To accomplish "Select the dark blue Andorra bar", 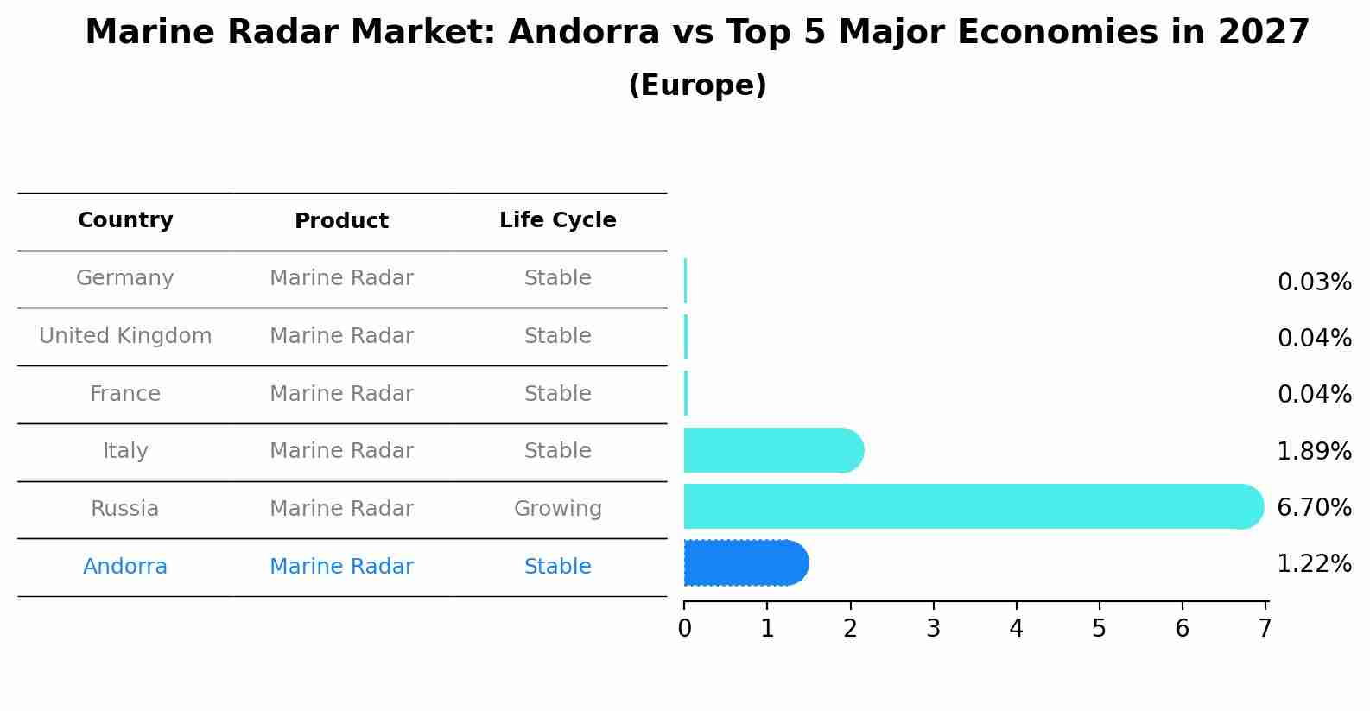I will coord(745,563).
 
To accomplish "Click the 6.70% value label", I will coord(1314,508).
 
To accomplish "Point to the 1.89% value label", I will coord(1314,451).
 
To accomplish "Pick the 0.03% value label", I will coord(1314,282).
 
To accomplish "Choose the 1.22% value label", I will coord(1314,564).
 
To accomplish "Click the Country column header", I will coord(125,220).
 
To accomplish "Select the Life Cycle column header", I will coord(557,220).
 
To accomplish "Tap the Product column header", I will coord(341,221).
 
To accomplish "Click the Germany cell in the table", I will coord(125,278).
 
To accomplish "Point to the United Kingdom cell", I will coord(125,336).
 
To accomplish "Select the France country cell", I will coord(125,394).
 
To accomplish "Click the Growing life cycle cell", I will coord(557,509).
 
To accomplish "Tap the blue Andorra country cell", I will coord(125,567).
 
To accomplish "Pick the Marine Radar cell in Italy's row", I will coord(341,451).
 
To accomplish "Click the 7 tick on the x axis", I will coord(1265,629).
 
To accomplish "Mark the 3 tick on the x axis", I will coord(933,629).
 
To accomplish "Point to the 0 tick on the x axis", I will coord(684,629).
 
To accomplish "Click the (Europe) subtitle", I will coord(697,86).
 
